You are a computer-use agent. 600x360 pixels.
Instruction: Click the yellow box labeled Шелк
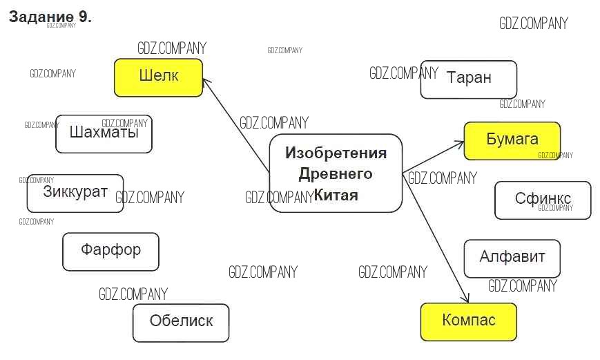(x=158, y=77)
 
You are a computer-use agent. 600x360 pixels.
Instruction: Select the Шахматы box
(x=104, y=133)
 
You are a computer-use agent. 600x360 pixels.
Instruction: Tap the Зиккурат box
(x=75, y=193)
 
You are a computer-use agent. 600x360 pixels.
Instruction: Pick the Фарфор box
(x=110, y=251)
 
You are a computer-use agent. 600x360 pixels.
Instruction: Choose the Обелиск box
(x=181, y=322)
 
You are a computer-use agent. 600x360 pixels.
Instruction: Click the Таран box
(x=469, y=79)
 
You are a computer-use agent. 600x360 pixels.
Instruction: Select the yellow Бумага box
(x=512, y=140)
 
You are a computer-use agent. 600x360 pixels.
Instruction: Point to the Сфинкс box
(x=543, y=200)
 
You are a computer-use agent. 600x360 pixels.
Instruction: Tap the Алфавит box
(x=512, y=258)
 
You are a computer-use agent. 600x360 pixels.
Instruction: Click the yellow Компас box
(x=468, y=321)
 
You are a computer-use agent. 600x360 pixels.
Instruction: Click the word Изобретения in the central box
(x=336, y=153)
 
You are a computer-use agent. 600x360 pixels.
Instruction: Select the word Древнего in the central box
(x=336, y=174)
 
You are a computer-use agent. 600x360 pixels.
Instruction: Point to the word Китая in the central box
(x=336, y=195)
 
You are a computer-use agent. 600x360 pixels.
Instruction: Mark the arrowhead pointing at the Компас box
(x=466, y=299)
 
